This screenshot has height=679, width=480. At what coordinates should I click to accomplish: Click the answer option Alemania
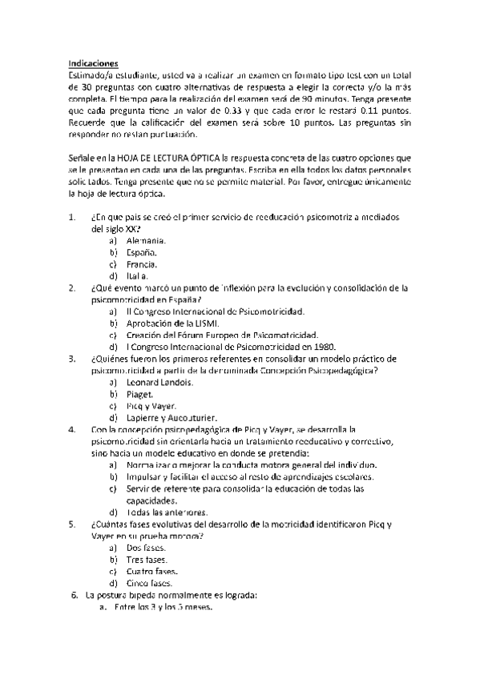pyautogui.click(x=147, y=240)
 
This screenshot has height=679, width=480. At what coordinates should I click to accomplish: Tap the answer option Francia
pyautogui.click(x=142, y=263)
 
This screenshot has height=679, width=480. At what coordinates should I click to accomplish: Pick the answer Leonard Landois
pyautogui.click(x=159, y=382)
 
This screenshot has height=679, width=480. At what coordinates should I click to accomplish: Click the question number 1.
pyautogui.click(x=72, y=217)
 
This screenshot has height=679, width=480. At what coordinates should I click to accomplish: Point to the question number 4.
pyautogui.click(x=72, y=429)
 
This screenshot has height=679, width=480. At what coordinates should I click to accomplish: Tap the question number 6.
pyautogui.click(x=74, y=595)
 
